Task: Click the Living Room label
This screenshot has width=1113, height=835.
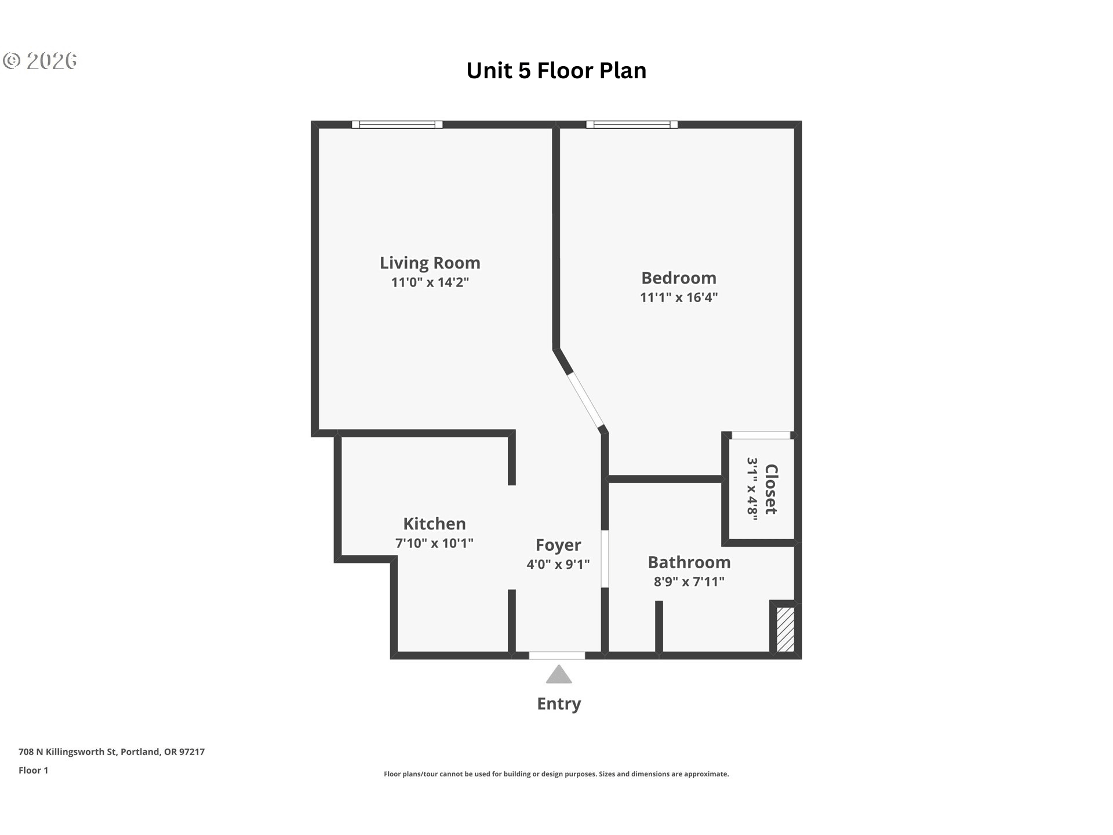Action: click(x=430, y=263)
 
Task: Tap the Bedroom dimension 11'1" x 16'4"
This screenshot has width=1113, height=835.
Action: click(x=679, y=297)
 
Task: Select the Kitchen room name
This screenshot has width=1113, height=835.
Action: click(x=434, y=524)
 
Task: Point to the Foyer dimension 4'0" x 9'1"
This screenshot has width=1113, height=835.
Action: click(x=558, y=564)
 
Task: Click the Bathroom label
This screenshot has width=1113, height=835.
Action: click(x=689, y=562)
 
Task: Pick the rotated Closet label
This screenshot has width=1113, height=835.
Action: click(x=770, y=489)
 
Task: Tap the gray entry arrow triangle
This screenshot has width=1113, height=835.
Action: click(x=559, y=674)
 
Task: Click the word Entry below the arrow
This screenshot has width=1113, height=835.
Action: click(x=559, y=704)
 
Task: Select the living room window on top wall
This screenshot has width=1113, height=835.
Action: click(x=397, y=125)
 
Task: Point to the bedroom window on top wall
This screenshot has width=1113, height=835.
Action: click(x=632, y=125)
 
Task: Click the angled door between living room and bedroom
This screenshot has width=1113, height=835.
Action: click(x=586, y=400)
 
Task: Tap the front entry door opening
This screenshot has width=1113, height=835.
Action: click(x=557, y=656)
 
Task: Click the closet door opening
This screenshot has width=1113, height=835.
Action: click(x=761, y=435)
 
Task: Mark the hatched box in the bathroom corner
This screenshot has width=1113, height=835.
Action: click(x=785, y=629)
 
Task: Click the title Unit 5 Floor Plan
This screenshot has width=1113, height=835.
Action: click(x=556, y=71)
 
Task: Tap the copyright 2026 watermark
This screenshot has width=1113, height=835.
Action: click(x=40, y=61)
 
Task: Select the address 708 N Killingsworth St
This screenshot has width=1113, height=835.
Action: click(x=68, y=752)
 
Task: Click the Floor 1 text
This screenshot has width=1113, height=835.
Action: click(x=33, y=771)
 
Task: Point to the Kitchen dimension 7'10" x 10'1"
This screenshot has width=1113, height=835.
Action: click(x=434, y=543)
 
